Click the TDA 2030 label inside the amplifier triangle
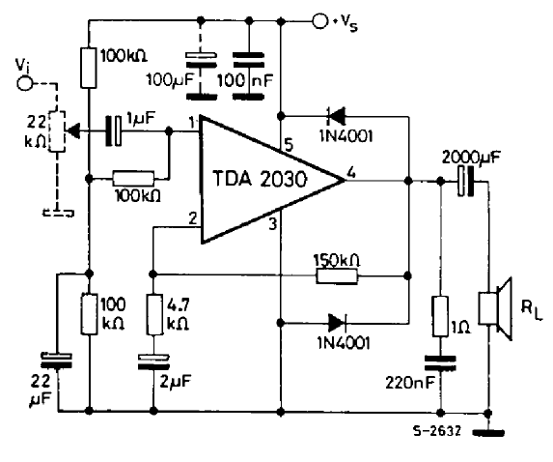(260, 179)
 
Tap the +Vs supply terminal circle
(320, 21)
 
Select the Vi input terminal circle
(25, 84)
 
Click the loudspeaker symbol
(495, 308)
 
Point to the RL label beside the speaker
(532, 311)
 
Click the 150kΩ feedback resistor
(337, 275)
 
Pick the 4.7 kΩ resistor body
(153, 314)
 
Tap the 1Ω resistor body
(440, 316)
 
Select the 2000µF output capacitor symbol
(466, 182)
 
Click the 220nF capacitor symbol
(440, 363)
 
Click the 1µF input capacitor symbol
(114, 131)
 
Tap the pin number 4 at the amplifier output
(351, 173)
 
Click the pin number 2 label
(193, 218)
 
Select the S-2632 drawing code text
(436, 431)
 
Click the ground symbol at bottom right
(488, 432)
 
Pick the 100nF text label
(245, 80)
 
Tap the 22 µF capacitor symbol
(57, 361)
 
